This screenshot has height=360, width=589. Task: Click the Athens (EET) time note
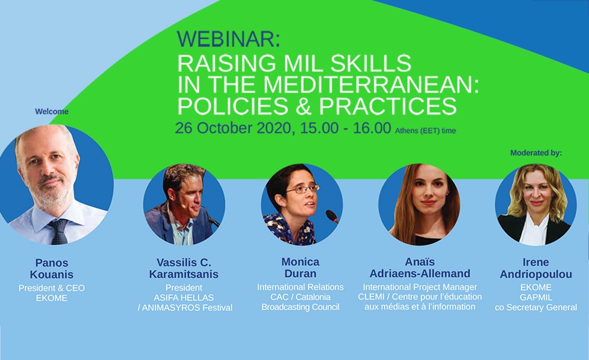(425, 131)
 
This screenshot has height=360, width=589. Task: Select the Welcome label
(52, 112)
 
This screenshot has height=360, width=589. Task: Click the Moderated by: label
(536, 153)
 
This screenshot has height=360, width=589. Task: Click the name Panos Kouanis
(52, 268)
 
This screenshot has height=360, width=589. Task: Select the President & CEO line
(52, 288)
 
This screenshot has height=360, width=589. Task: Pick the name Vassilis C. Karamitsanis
(184, 268)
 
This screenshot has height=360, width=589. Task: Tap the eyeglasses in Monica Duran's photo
(303, 188)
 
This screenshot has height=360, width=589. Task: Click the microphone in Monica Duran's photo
(332, 216)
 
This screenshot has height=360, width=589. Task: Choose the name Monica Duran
(301, 267)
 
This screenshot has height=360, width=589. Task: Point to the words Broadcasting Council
(301, 307)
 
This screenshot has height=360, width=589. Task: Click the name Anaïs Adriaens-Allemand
(420, 267)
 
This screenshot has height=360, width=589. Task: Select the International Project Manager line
(420, 287)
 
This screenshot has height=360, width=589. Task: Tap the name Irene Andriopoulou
(536, 268)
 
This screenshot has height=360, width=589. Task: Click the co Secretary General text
(536, 307)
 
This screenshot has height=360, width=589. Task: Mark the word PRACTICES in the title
(388, 106)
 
